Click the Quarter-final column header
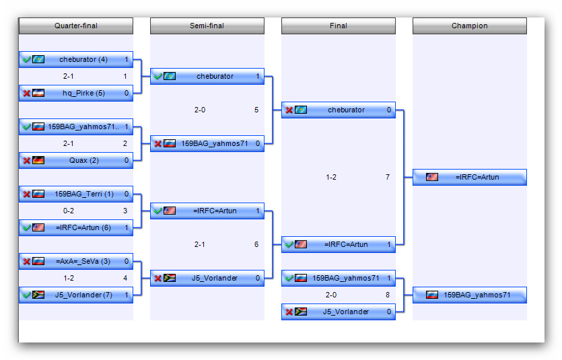pos(75,26)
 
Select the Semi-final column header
pos(207,26)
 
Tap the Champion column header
pos(470,26)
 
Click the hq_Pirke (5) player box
pos(75,93)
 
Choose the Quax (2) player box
pos(75,160)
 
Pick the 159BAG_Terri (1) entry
pos(75,194)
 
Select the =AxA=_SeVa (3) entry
pos(75,262)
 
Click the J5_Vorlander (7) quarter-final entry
pos(75,295)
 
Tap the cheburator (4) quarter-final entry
pos(75,59)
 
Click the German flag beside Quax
pos(38,160)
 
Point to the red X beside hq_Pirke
pos(26,93)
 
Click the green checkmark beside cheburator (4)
pos(26,59)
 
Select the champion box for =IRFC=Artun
pos(470,178)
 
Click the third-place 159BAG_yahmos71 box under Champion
pos(470,295)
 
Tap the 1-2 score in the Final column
pos(331,178)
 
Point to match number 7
pos(388,178)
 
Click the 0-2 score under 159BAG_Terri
pos(69,211)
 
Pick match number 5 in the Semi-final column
pos(256,110)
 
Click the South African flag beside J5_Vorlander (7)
pos(38,295)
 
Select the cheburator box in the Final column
pos(339,110)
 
